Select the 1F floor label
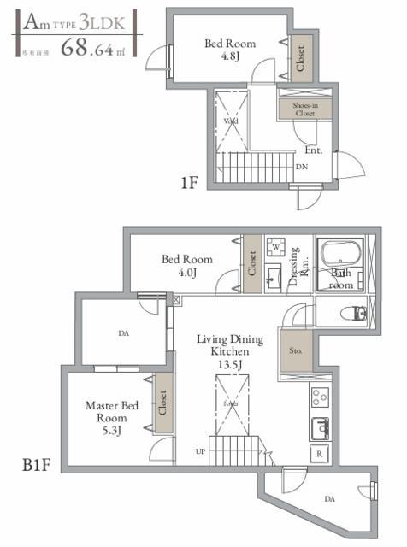[x=189, y=181]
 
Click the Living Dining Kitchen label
[x=229, y=351]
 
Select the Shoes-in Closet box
[x=305, y=109]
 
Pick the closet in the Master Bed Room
[x=162, y=409]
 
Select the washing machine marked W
[x=276, y=248]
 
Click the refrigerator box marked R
[x=319, y=452]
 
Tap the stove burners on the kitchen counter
[x=319, y=397]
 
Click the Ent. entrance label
[x=313, y=150]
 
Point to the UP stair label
[x=200, y=450]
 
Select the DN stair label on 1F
[x=302, y=167]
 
